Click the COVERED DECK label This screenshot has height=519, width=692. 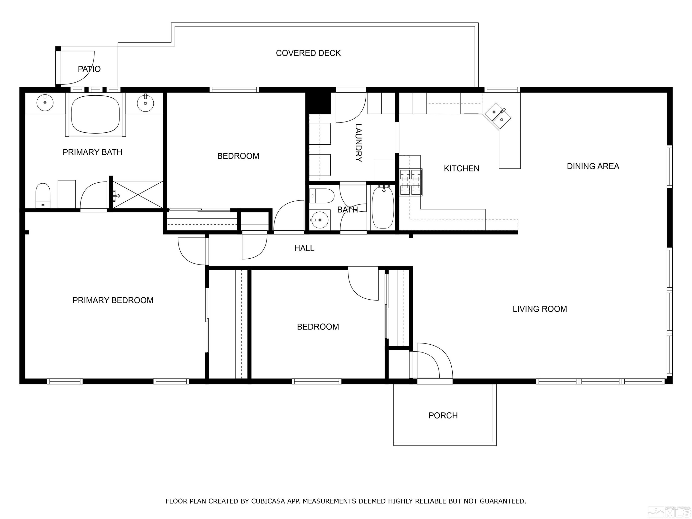[308, 53]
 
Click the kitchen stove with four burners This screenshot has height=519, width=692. [411, 182]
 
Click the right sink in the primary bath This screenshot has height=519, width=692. [146, 103]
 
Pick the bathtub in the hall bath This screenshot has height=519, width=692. [382, 207]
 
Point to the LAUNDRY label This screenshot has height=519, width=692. [358, 143]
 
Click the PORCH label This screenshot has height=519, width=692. [443, 415]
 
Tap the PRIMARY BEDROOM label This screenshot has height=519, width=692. [113, 300]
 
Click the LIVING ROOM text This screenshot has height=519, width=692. [540, 309]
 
